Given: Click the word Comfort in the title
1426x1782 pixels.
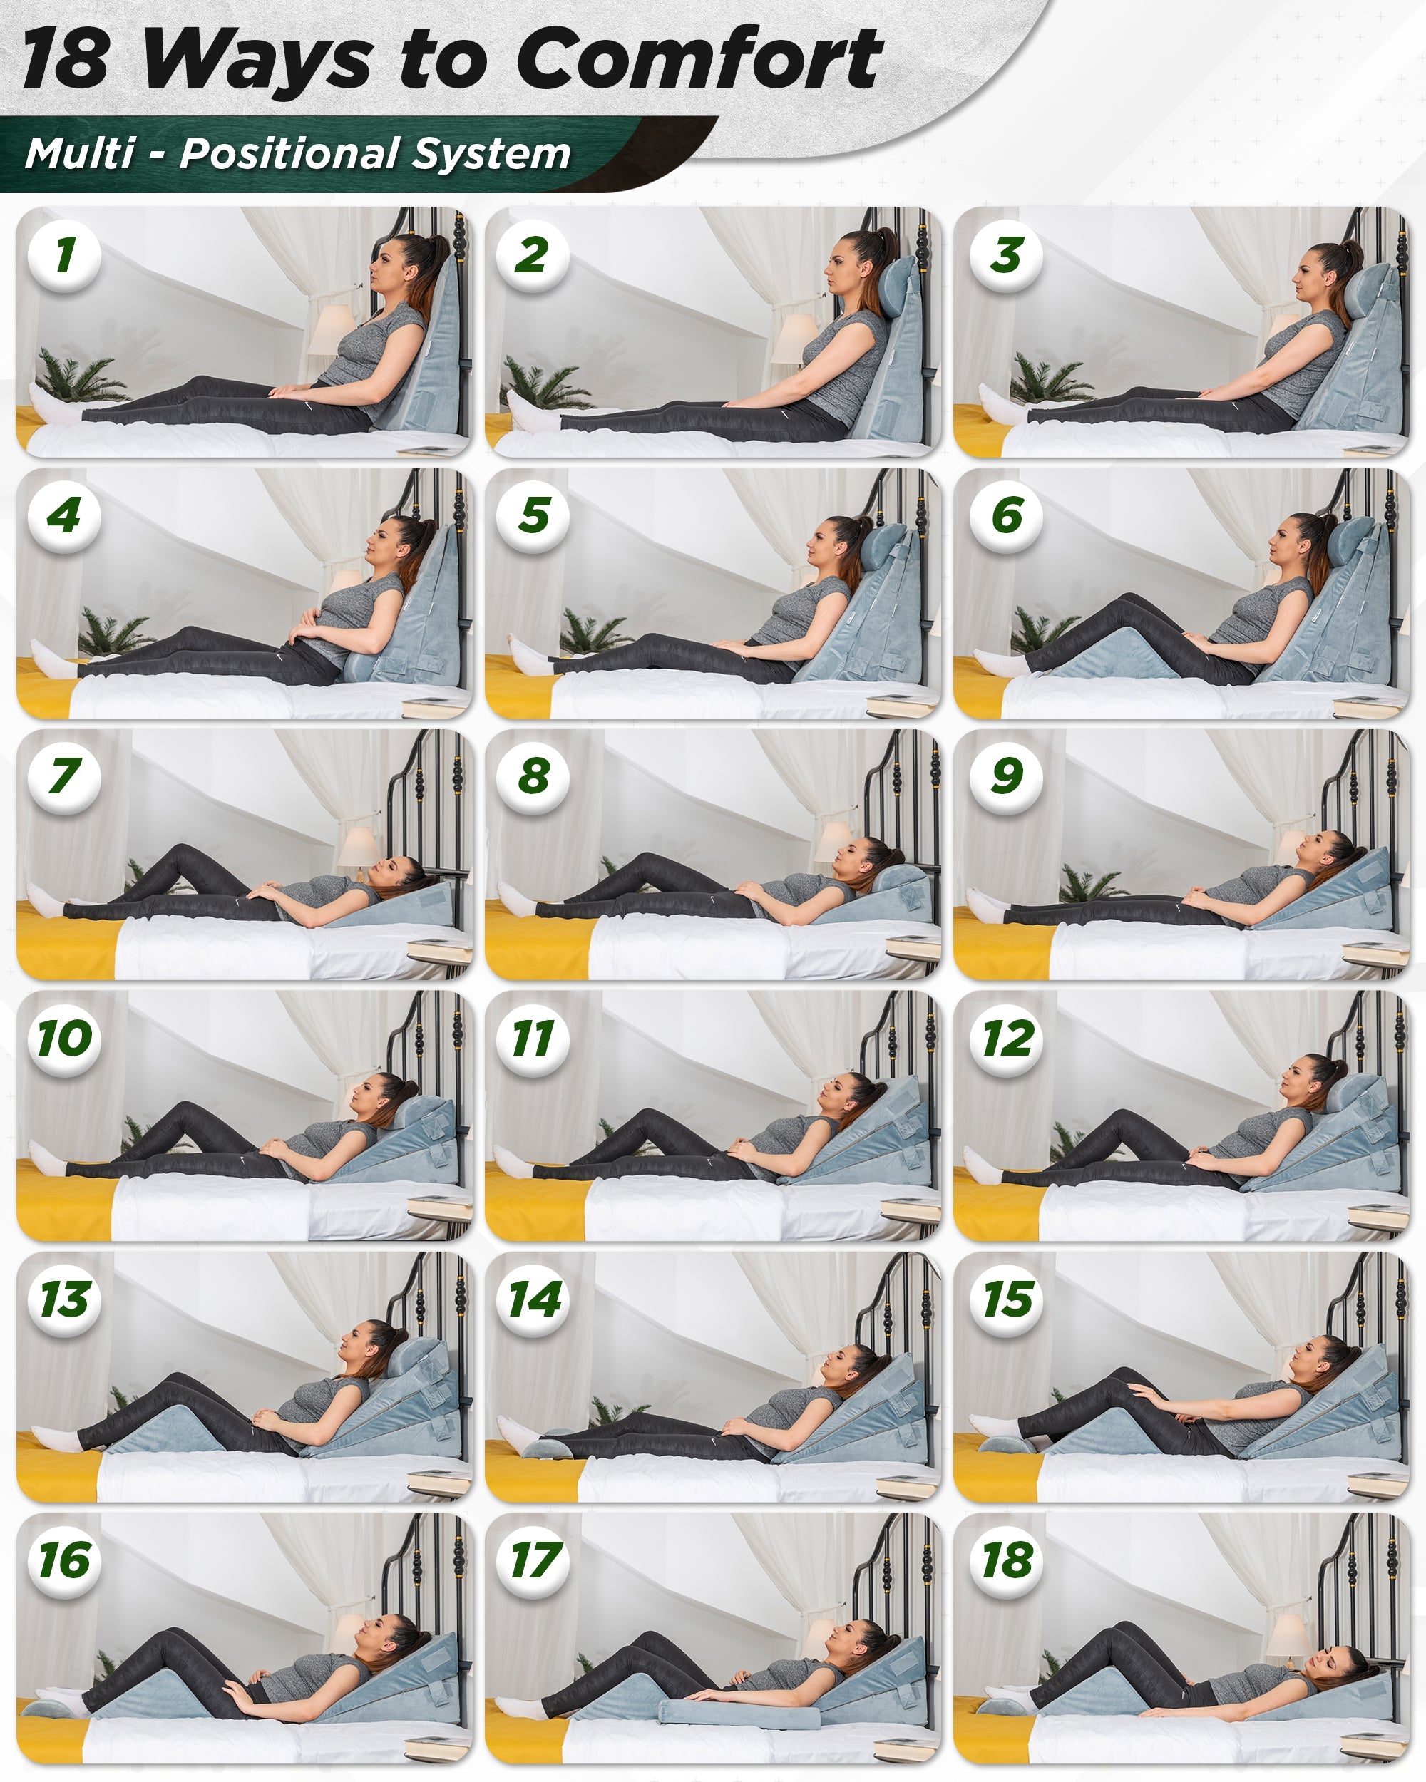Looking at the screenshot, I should click(699, 58).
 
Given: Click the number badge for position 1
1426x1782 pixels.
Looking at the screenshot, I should click(64, 254).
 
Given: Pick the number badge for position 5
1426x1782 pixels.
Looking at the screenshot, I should click(533, 515).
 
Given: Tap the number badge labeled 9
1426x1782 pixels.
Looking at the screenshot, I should click(1006, 776).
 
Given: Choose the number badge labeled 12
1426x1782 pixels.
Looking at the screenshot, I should click(1006, 1037).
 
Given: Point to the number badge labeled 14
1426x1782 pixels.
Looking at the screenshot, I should click(533, 1299).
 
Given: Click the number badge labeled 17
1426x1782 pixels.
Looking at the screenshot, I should click(533, 1560).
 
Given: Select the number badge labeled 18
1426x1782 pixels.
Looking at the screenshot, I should click(1006, 1560).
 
